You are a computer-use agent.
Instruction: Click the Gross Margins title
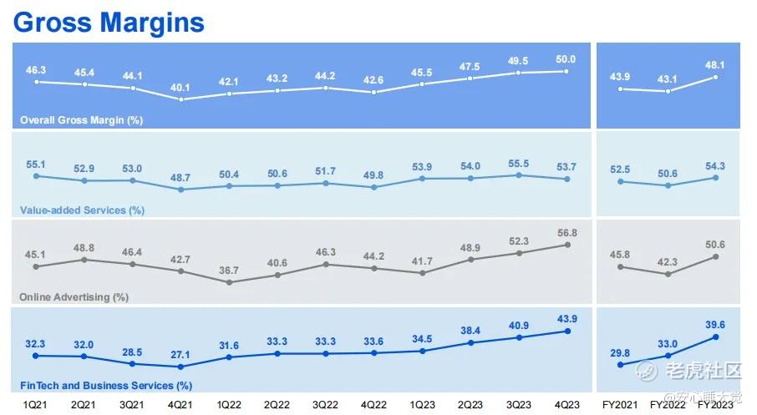tap(109, 23)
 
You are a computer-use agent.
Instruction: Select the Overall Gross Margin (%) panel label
tap(81, 120)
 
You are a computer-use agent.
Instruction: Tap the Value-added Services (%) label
tap(82, 210)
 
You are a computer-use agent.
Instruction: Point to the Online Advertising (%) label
tap(74, 297)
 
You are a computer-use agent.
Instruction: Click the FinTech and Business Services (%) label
tap(106, 386)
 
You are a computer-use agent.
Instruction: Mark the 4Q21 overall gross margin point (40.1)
tap(181, 99)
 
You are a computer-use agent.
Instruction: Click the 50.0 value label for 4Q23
tap(566, 59)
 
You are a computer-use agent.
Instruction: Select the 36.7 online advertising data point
tap(229, 282)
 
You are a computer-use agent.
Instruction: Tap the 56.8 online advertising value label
tap(567, 233)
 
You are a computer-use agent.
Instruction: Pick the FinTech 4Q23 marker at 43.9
tap(568, 331)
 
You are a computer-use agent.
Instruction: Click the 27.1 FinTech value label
tap(180, 355)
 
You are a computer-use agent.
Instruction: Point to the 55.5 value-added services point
tap(519, 175)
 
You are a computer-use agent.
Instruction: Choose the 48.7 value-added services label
tap(180, 178)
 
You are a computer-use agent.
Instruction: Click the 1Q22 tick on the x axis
tap(229, 405)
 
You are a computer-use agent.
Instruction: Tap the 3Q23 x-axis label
tap(519, 405)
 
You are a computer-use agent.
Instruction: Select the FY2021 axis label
tap(620, 405)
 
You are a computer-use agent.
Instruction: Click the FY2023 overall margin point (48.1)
tap(715, 77)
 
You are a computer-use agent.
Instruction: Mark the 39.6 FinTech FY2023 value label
tap(715, 325)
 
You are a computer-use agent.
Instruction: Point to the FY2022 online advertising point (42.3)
tap(668, 274)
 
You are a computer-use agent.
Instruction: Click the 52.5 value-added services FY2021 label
tap(620, 170)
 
